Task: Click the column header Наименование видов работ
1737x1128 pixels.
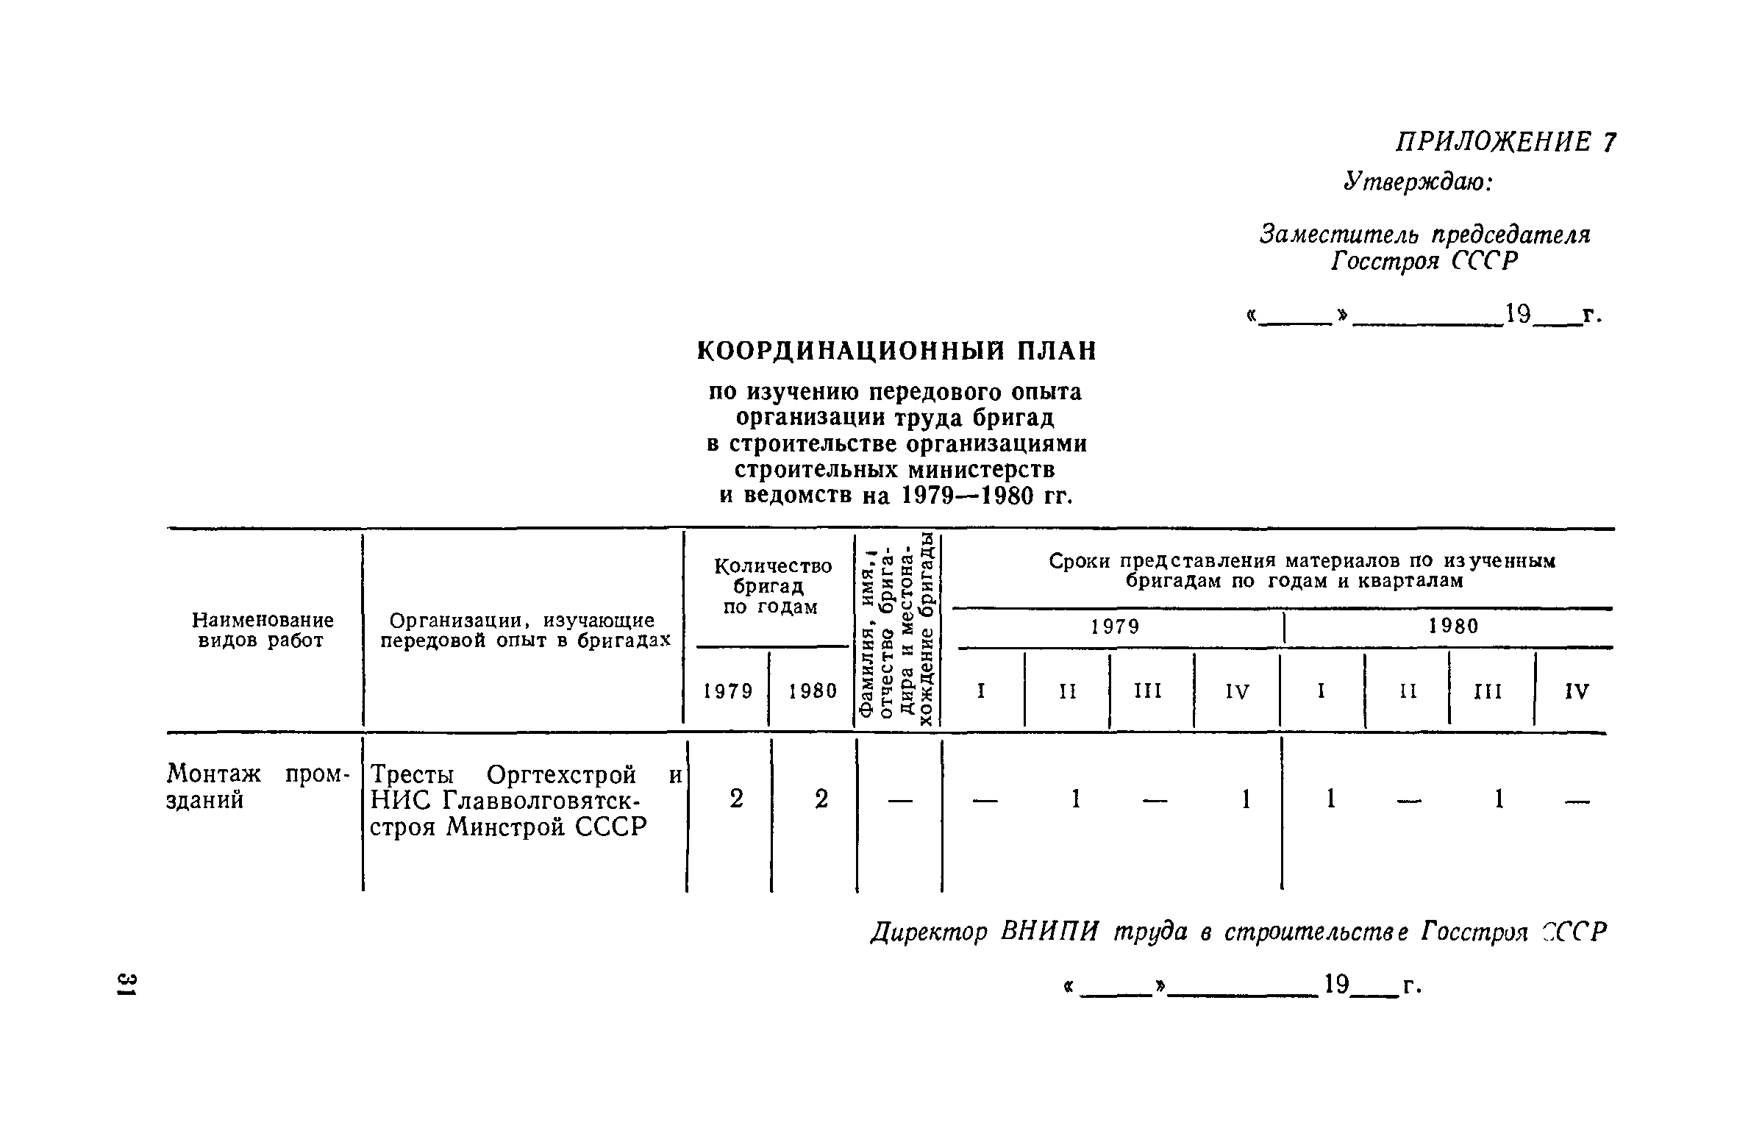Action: point(263,630)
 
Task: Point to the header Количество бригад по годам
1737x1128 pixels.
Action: point(772,586)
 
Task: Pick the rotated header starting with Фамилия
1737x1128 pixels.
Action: point(899,630)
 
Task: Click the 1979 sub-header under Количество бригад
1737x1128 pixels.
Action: point(728,691)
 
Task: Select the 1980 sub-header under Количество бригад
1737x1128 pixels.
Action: point(813,691)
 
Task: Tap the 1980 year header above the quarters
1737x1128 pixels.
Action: point(1453,627)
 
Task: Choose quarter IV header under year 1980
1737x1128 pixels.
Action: point(1577,691)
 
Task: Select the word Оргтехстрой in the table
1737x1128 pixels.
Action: point(561,775)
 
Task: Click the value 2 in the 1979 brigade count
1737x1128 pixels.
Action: point(736,799)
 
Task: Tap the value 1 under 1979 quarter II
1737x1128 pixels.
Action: point(1075,799)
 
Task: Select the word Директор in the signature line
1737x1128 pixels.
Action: point(929,933)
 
